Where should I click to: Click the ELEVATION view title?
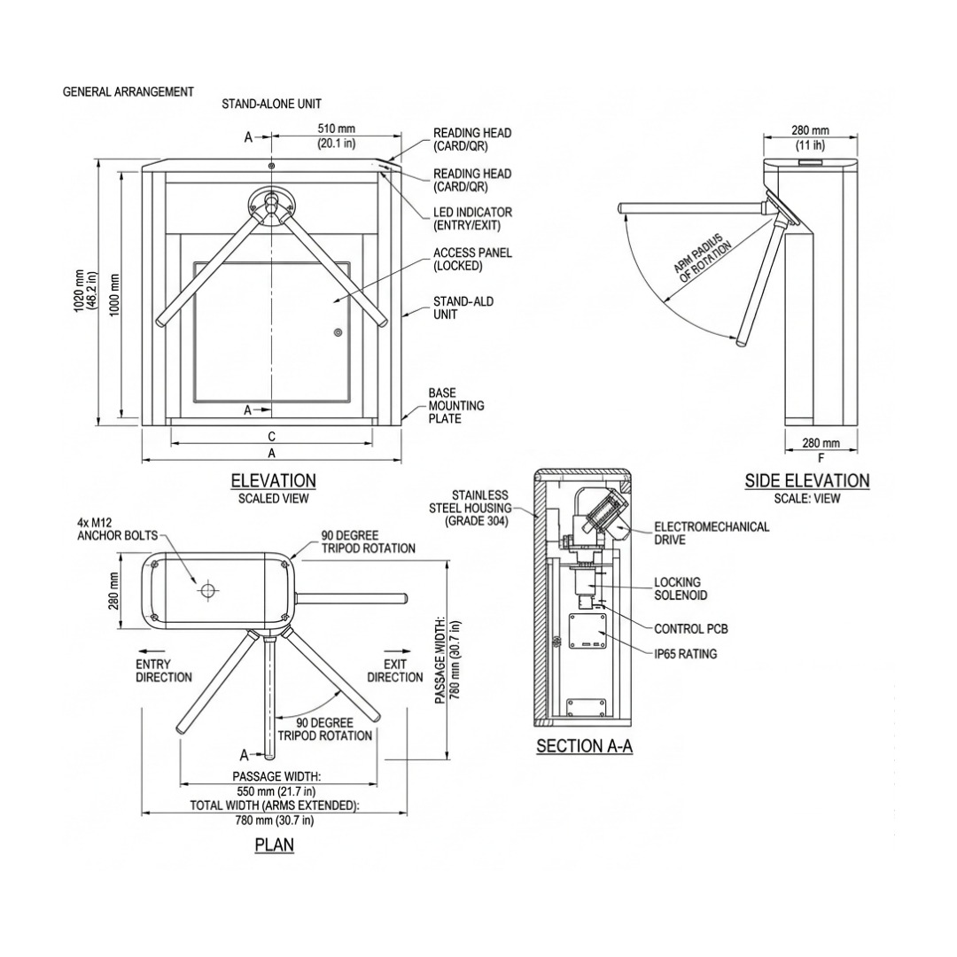pyautogui.click(x=273, y=480)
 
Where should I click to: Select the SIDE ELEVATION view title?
pyautogui.click(x=806, y=480)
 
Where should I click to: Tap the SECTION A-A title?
pyautogui.click(x=584, y=746)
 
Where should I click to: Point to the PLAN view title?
pyautogui.click(x=274, y=844)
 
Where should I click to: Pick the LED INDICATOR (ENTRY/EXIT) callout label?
pyautogui.click(x=472, y=219)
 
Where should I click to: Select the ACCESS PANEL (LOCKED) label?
pyautogui.click(x=472, y=259)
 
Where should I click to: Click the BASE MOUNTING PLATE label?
pyautogui.click(x=456, y=405)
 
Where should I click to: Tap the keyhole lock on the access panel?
pyautogui.click(x=338, y=333)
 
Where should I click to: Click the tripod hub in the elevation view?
pyautogui.click(x=271, y=203)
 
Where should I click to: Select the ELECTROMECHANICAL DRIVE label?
pyautogui.click(x=711, y=532)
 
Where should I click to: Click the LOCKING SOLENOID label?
pyautogui.click(x=681, y=588)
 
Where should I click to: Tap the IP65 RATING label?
pyautogui.click(x=685, y=654)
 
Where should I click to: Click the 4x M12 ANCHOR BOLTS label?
pyautogui.click(x=117, y=529)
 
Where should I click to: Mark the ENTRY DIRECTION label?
pyautogui.click(x=163, y=671)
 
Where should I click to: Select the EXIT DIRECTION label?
pyautogui.click(x=395, y=671)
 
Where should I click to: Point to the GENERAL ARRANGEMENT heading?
pyautogui.click(x=128, y=91)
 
